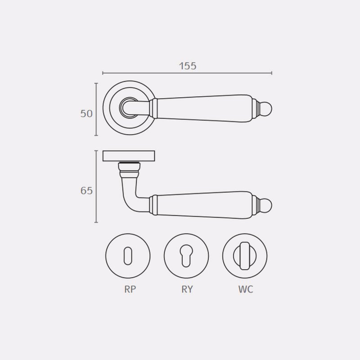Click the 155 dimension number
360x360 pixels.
click(x=188, y=66)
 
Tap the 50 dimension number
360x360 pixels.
click(x=86, y=114)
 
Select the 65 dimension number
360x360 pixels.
click(x=86, y=191)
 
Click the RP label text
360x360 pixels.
click(x=130, y=289)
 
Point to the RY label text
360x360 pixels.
click(x=187, y=289)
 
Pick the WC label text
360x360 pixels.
click(x=245, y=289)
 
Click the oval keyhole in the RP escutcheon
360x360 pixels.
click(x=128, y=256)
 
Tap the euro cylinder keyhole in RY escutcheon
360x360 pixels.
click(x=186, y=256)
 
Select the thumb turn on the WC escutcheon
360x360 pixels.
click(x=245, y=256)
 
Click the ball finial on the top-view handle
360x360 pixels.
click(x=266, y=108)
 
